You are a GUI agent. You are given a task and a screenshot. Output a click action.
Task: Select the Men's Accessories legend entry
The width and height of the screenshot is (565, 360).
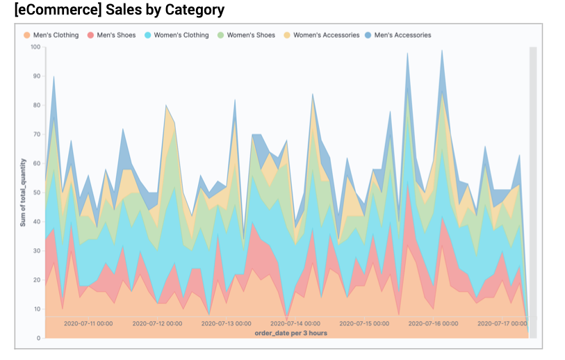tap(402, 35)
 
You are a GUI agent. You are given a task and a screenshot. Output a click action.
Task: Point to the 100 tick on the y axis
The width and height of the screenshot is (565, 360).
tap(35, 47)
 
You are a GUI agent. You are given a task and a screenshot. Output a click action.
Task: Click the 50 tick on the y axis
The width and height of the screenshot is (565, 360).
tap(36, 193)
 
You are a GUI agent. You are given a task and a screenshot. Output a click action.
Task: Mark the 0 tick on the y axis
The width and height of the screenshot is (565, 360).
tap(38, 338)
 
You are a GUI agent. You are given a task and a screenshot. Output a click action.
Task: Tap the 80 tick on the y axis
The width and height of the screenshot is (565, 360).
tap(36, 106)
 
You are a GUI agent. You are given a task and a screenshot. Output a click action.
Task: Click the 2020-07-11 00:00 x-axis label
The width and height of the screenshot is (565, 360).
tap(88, 324)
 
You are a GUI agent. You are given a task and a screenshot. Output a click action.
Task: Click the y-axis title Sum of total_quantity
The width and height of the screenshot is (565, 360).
tap(23, 193)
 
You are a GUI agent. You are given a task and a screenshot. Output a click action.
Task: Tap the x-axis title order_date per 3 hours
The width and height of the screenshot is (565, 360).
tap(290, 333)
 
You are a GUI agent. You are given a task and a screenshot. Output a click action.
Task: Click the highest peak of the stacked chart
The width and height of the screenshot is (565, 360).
tap(442, 50)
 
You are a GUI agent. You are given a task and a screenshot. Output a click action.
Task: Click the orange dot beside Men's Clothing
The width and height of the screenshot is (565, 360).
tap(26, 35)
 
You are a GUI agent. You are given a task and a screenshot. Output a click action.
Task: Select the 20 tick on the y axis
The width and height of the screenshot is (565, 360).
tap(36, 280)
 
